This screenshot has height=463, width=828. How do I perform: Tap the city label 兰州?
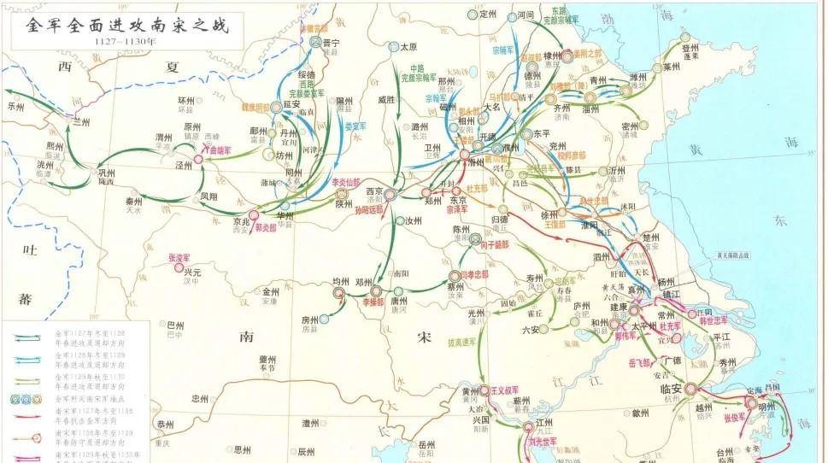click(81, 122)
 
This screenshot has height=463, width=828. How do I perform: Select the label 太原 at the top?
click(408, 47)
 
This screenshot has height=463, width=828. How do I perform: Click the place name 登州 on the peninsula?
click(690, 49)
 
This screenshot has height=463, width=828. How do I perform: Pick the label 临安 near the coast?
click(672, 389)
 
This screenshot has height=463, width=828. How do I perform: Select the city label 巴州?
click(174, 325)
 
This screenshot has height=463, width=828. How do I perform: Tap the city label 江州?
click(544, 423)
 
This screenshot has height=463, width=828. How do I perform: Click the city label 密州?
click(630, 126)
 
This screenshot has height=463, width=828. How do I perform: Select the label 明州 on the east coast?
click(766, 407)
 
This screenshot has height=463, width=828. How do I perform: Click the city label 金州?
click(271, 291)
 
